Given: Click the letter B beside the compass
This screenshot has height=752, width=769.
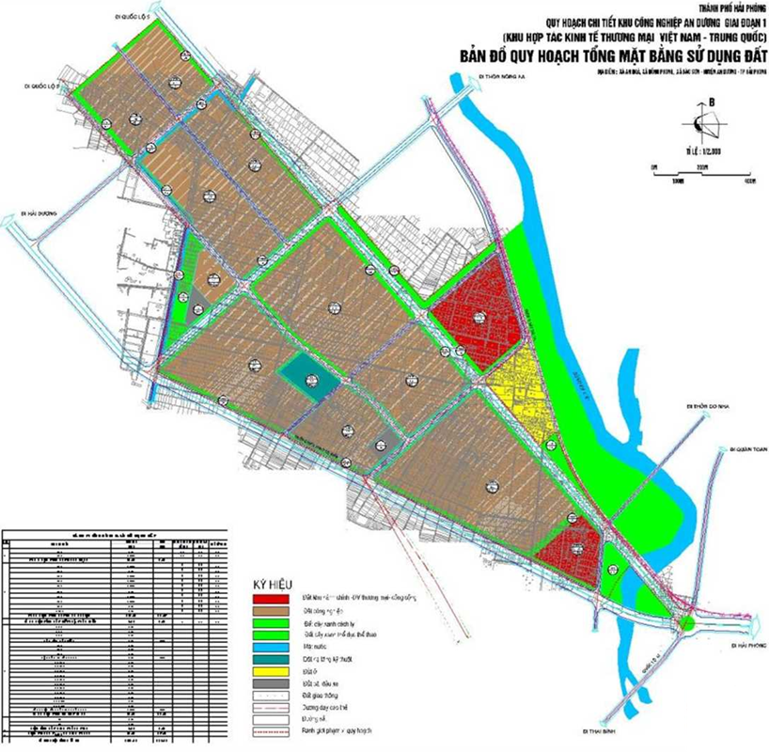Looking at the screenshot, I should tap(714, 102).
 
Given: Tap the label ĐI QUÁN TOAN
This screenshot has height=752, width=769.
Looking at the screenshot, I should tap(748, 449).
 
